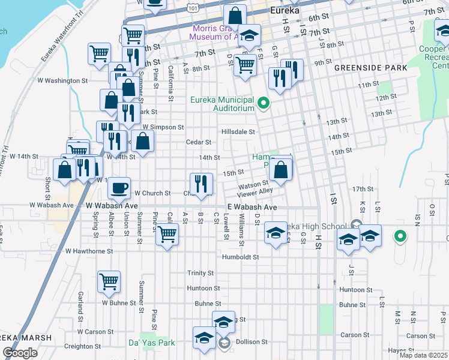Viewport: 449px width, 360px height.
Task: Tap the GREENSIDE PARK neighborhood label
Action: [370, 68]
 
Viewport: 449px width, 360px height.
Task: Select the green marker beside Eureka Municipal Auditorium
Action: [263, 104]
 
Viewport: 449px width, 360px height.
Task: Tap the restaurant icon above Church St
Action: [201, 183]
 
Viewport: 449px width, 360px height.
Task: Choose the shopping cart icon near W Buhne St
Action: [109, 281]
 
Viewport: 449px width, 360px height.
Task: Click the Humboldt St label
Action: [240, 257]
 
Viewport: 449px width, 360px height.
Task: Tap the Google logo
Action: [20, 353]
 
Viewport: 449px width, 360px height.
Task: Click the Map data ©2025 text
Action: [423, 355]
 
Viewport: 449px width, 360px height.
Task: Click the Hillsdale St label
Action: [238, 131]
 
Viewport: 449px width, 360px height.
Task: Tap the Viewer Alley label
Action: [256, 192]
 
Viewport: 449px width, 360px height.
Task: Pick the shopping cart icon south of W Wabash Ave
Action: [167, 234]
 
